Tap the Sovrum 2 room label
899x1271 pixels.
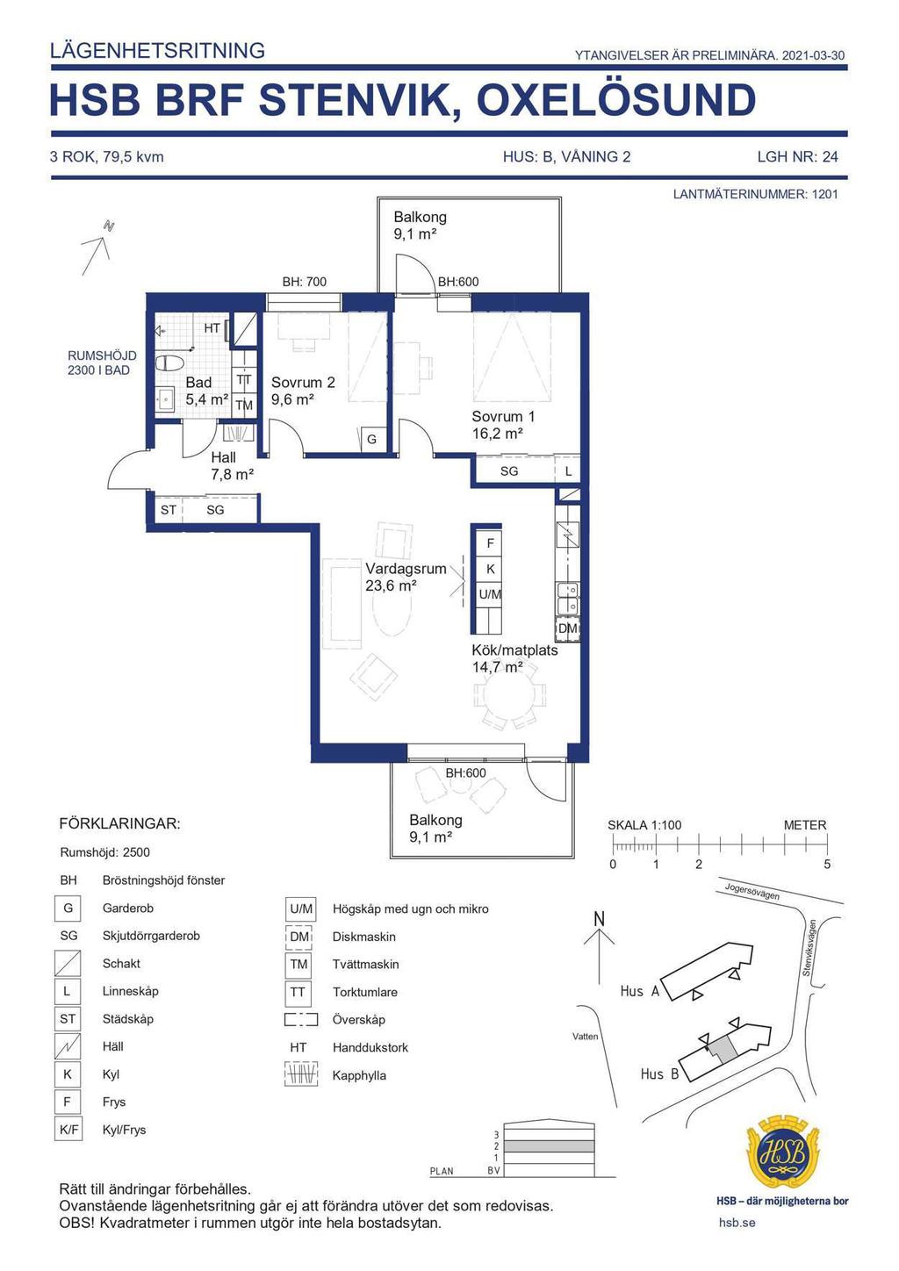pyautogui.click(x=303, y=383)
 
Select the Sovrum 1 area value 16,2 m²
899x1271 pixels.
pyautogui.click(x=497, y=434)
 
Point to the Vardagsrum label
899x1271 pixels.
pyautogui.click(x=406, y=569)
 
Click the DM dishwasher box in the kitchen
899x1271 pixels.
pyautogui.click(x=567, y=628)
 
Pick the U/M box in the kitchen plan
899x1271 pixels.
pyautogui.click(x=490, y=594)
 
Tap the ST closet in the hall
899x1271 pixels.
pyautogui.click(x=168, y=509)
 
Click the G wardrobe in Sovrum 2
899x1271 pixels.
pyautogui.click(x=371, y=439)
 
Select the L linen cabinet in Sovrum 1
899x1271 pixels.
pyautogui.click(x=567, y=470)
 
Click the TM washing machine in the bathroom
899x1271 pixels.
pyautogui.click(x=244, y=406)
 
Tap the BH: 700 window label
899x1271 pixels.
pyautogui.click(x=305, y=282)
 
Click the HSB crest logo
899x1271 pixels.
pyautogui.click(x=782, y=1152)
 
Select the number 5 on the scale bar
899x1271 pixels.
pyautogui.click(x=827, y=865)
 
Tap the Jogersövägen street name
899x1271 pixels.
pyautogui.click(x=752, y=892)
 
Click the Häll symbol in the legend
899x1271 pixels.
pyautogui.click(x=68, y=1046)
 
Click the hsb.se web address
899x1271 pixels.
pyautogui.click(x=737, y=1222)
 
